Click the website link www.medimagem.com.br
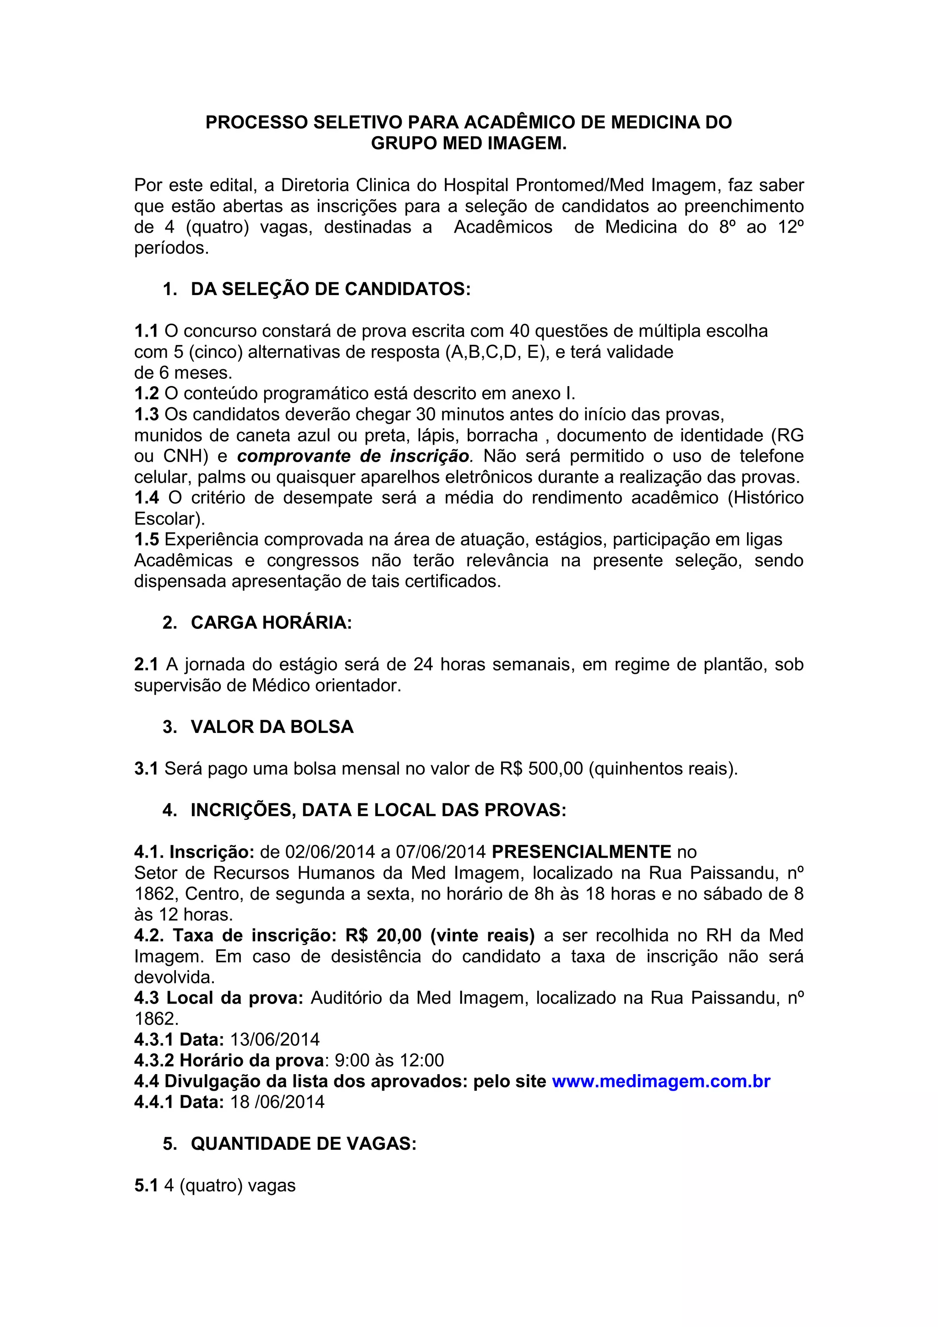point(661,1081)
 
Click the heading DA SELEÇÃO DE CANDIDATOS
point(331,289)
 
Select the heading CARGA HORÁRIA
point(271,623)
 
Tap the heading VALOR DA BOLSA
point(272,726)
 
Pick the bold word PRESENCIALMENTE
point(581,852)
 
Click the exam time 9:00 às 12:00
point(389,1060)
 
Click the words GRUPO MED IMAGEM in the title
point(468,143)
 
